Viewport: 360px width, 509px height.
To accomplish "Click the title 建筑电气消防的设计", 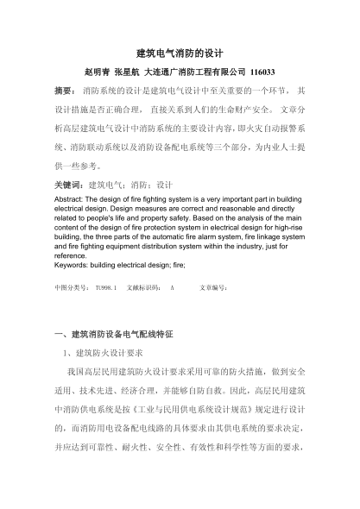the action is click(180, 53).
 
